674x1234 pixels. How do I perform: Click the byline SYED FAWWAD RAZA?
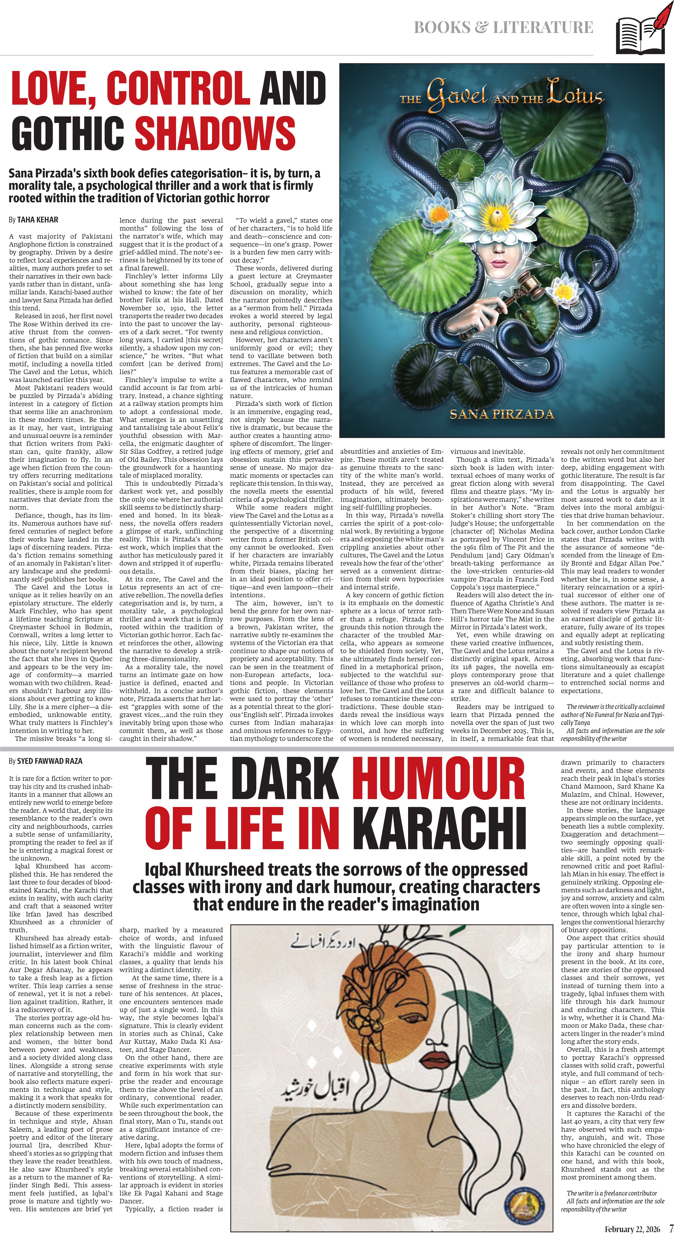pos(49,761)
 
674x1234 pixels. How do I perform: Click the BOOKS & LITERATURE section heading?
pos(503,27)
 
